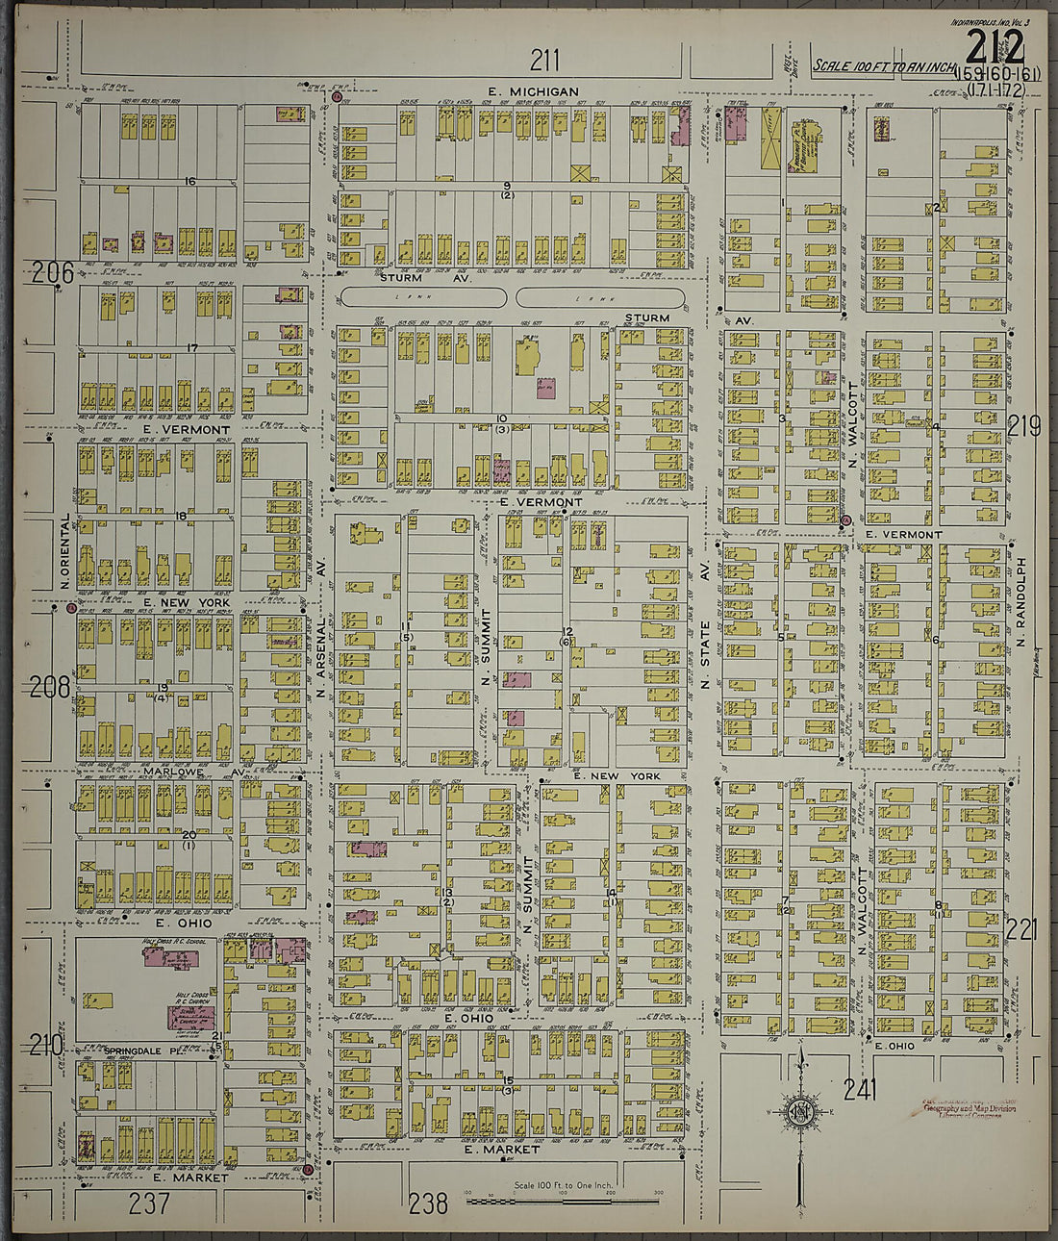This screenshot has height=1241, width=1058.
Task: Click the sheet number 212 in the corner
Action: (x=995, y=49)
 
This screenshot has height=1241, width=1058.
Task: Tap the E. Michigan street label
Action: (x=533, y=91)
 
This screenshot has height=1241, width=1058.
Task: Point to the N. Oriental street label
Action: (x=65, y=550)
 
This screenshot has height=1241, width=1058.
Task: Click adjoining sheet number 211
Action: (x=544, y=61)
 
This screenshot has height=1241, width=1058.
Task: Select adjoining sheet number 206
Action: (x=52, y=273)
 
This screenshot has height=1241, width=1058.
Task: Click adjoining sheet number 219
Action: (x=1024, y=426)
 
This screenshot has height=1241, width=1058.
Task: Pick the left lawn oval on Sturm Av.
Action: (x=424, y=297)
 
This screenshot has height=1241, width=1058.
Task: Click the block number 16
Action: (x=190, y=181)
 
